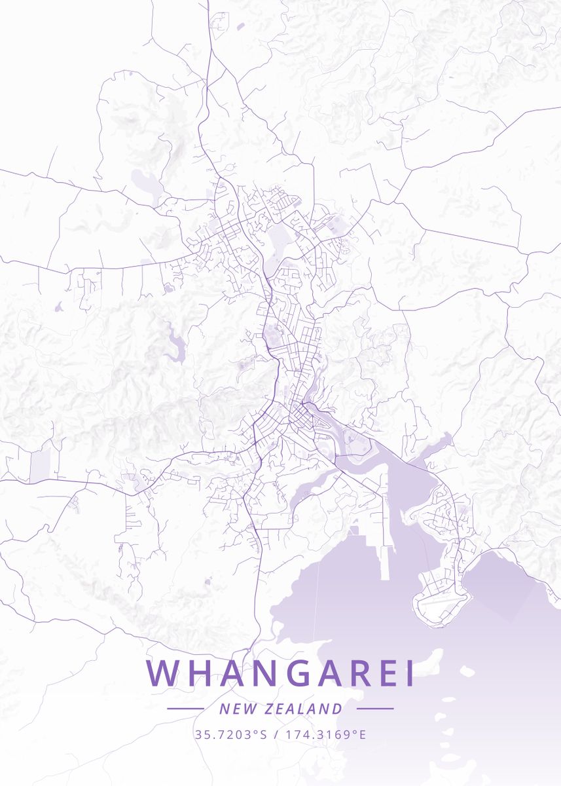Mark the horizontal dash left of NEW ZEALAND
click(185, 708)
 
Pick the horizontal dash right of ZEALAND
click(375, 708)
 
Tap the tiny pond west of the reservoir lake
click(59, 306)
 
